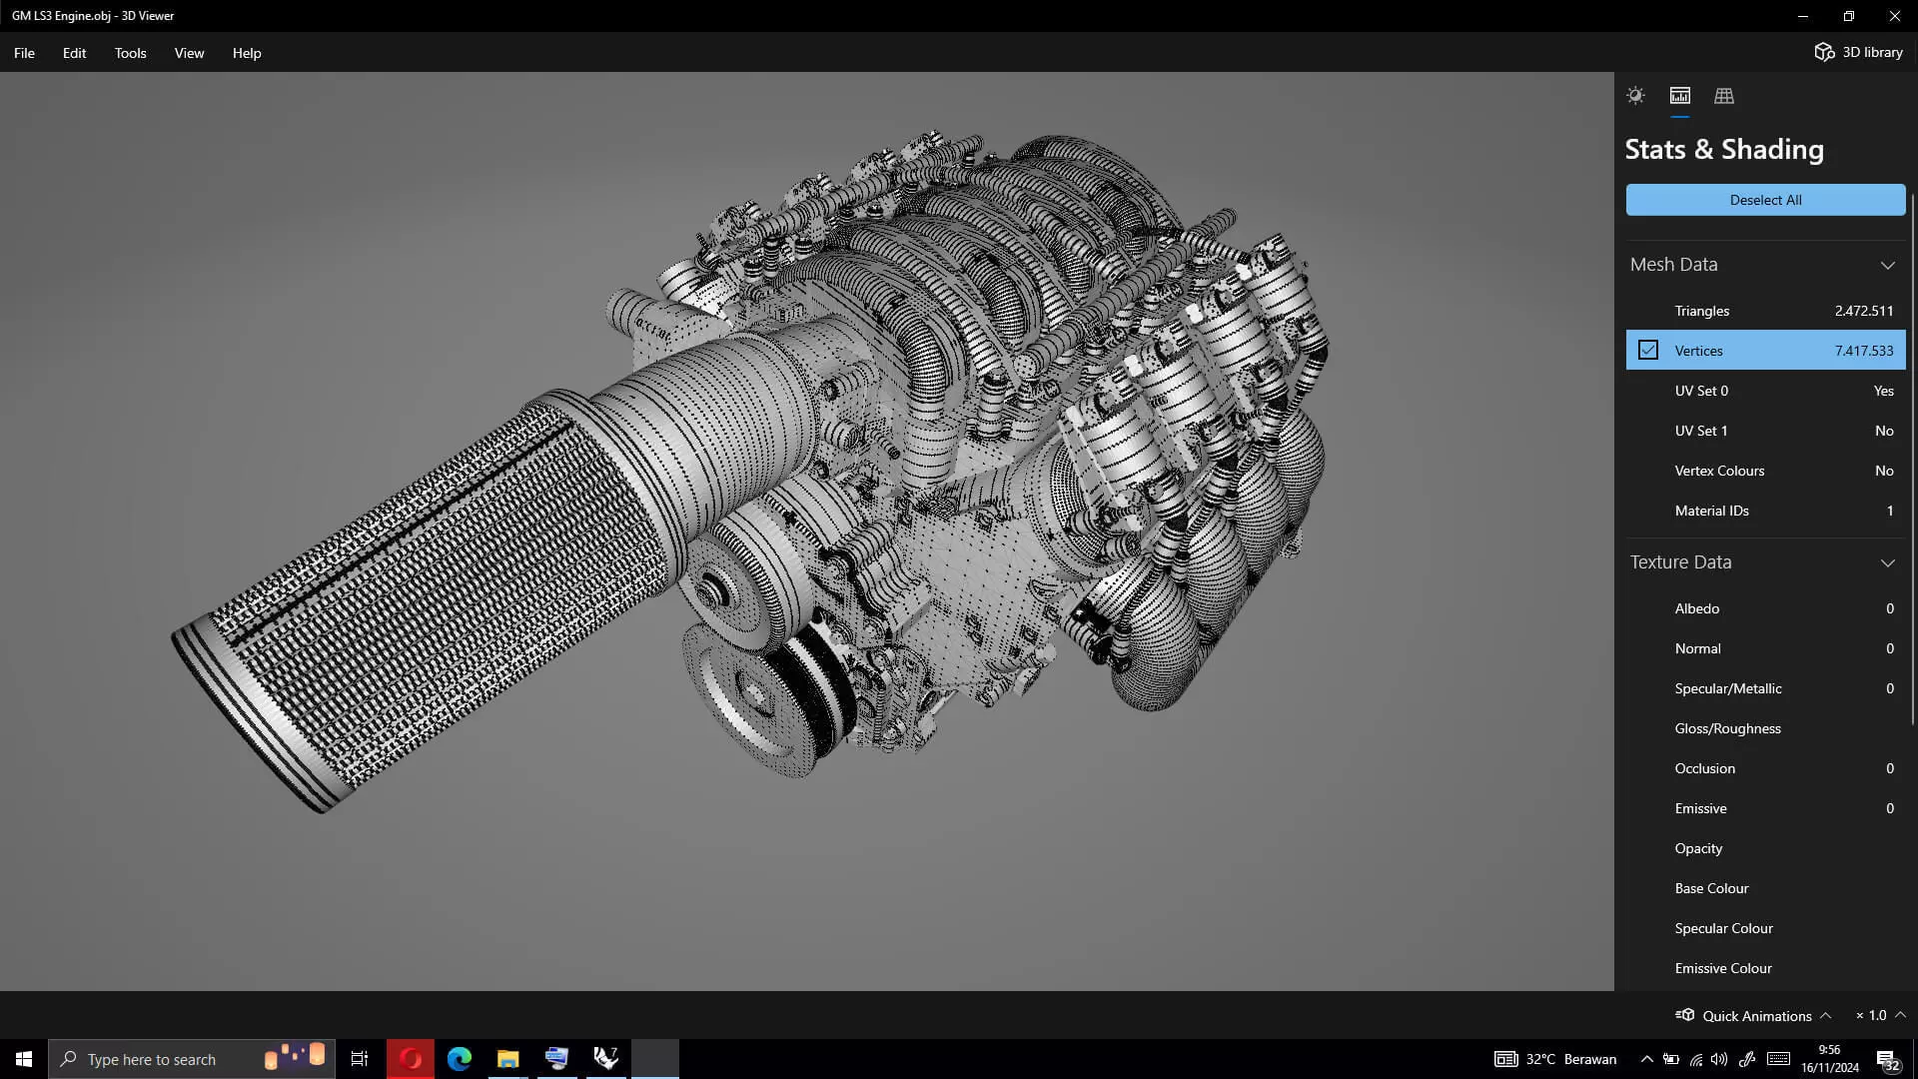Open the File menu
pos(24,53)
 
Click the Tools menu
pos(130,53)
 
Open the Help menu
pos(247,53)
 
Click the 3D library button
pos(1858,52)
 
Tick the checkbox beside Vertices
pos(1647,351)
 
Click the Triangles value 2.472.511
pos(1863,311)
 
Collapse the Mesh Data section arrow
pos(1887,265)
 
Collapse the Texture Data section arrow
pos(1887,562)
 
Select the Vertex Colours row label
pos(1719,471)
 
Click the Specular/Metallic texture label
pos(1727,688)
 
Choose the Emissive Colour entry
pos(1722,968)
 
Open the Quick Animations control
pos(1755,1016)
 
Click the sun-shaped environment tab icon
pos(1635,96)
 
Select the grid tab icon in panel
pos(1723,96)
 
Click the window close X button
pos(1894,16)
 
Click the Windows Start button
pos(24,1059)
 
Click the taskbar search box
pos(190,1059)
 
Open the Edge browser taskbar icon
pos(460,1059)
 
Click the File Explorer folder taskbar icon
pos(507,1059)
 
